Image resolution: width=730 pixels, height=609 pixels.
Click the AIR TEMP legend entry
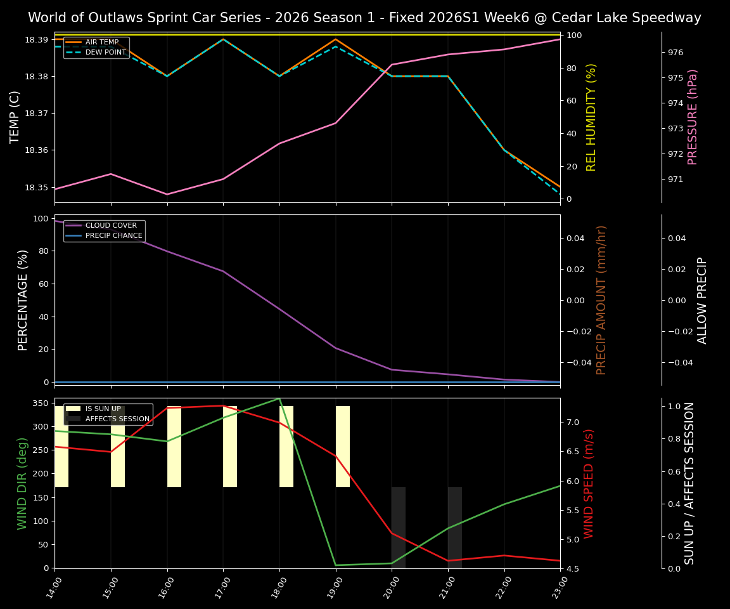101,43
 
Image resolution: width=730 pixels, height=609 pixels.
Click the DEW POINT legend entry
105,52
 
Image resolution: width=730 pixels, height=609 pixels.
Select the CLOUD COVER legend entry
111,226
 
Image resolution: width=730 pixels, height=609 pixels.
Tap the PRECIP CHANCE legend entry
113,235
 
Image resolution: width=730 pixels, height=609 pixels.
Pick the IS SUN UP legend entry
102,409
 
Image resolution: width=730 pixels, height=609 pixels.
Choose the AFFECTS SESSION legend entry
117,419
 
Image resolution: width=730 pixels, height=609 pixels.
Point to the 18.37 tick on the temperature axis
37,114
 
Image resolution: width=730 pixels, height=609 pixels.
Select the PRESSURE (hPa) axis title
693,117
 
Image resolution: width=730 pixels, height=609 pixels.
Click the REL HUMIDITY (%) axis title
592,117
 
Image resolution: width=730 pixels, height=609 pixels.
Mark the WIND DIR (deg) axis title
23,483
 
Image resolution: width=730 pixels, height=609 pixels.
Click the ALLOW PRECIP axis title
702,300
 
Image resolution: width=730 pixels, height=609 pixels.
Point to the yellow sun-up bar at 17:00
230,447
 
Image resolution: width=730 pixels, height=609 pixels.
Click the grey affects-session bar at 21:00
455,527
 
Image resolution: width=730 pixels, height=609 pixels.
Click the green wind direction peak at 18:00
279,398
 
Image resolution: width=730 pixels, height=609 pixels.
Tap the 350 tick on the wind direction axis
41,403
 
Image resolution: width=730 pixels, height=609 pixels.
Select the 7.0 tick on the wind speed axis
590,422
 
